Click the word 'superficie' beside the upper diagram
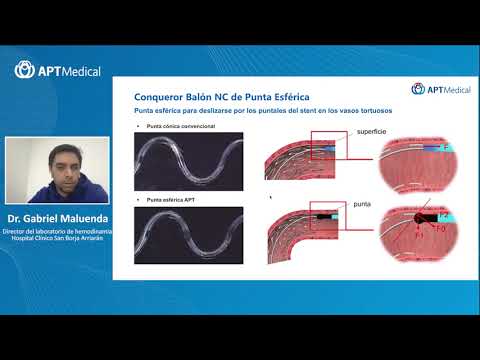369,133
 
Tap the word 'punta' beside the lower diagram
362,204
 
